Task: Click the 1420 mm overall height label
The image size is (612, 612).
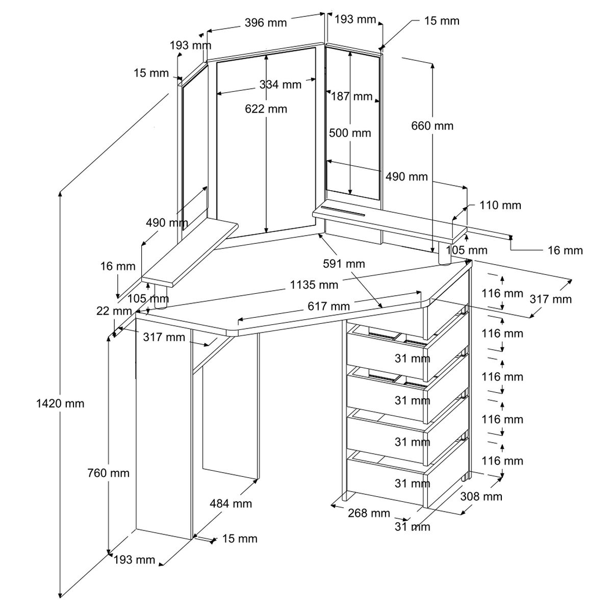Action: click(x=60, y=404)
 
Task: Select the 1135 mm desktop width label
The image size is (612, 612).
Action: click(x=314, y=284)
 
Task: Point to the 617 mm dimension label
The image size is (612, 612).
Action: click(x=328, y=306)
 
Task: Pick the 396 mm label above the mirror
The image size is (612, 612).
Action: click(x=266, y=22)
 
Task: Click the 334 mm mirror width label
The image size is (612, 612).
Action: click(x=280, y=84)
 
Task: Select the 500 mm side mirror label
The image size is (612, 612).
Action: click(x=350, y=133)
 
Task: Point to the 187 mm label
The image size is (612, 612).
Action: click(x=352, y=96)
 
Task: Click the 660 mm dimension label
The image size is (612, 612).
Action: click(x=432, y=125)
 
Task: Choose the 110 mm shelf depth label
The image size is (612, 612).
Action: click(x=500, y=205)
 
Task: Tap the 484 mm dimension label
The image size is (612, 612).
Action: click(x=231, y=504)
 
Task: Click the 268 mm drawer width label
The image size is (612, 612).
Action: click(x=369, y=513)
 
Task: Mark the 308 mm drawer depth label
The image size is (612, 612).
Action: click(x=481, y=496)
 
